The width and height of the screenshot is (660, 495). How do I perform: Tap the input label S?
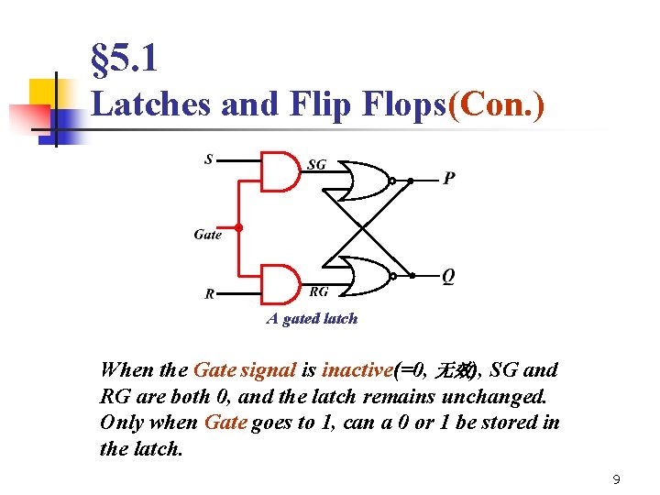pyautogui.click(x=209, y=159)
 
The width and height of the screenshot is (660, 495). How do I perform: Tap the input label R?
pyautogui.click(x=210, y=294)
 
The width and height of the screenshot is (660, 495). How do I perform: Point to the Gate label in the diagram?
pyautogui.click(x=208, y=235)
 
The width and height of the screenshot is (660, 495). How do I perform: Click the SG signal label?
pyautogui.click(x=316, y=165)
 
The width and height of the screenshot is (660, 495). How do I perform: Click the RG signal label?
pyautogui.click(x=319, y=291)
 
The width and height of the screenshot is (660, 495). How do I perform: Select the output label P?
pyautogui.click(x=449, y=179)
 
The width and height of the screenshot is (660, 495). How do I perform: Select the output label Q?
pyautogui.click(x=448, y=276)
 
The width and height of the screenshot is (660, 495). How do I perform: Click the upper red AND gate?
pyautogui.click(x=280, y=171)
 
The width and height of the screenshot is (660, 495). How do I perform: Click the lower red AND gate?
pyautogui.click(x=280, y=283)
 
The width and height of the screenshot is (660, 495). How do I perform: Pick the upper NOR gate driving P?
pyautogui.click(x=364, y=181)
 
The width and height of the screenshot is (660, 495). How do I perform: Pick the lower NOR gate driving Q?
pyautogui.click(x=364, y=275)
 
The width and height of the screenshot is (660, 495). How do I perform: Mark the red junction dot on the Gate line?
pyautogui.click(x=238, y=226)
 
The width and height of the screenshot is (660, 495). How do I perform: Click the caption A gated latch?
pyautogui.click(x=312, y=319)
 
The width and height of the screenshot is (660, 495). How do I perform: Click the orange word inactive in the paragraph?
pyautogui.click(x=357, y=370)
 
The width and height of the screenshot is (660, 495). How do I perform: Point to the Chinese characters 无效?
pyautogui.click(x=455, y=370)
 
